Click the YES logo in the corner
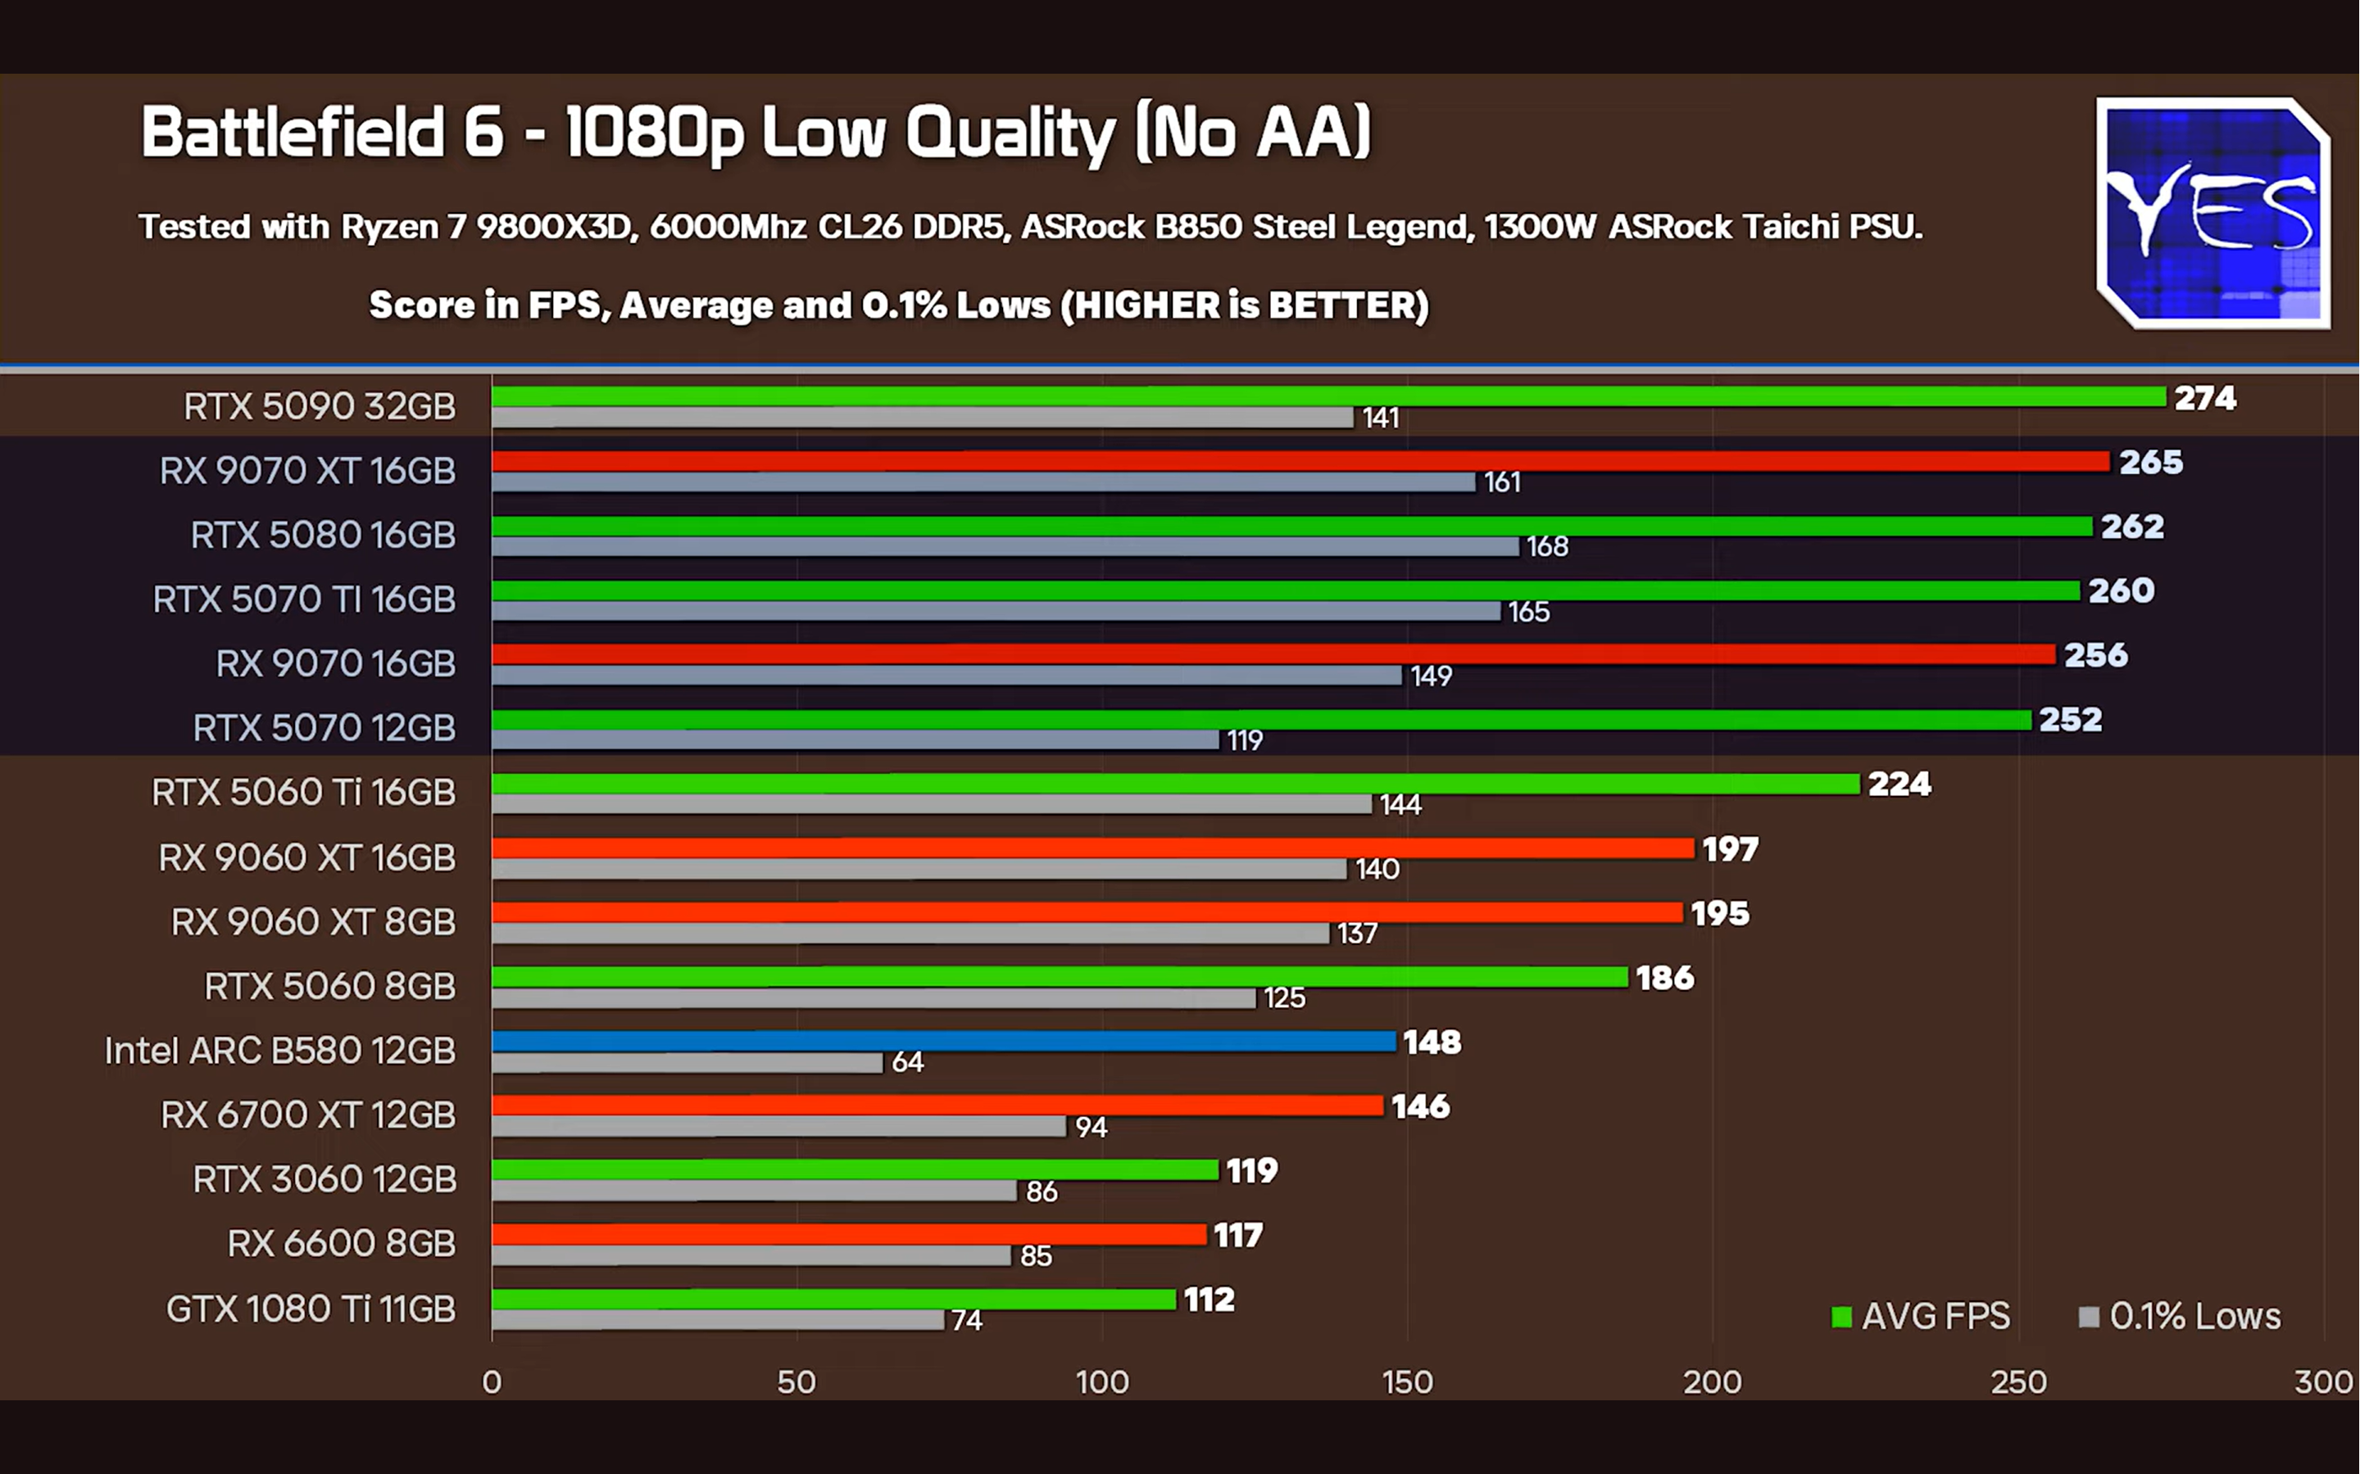click(x=2212, y=213)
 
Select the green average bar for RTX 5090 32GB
click(x=1327, y=396)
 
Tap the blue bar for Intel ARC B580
click(x=943, y=1041)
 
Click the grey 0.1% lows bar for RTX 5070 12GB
click(x=855, y=740)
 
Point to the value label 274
click(x=2204, y=398)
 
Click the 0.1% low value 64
click(x=907, y=1061)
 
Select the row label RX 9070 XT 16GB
click(x=307, y=471)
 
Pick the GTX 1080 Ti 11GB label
click(x=310, y=1309)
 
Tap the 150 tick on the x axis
click(x=1407, y=1381)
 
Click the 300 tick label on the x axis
click(x=2324, y=1381)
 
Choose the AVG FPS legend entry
click(x=1921, y=1316)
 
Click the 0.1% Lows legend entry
click(x=2181, y=1316)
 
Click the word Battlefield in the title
click(x=293, y=133)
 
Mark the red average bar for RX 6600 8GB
click(x=848, y=1234)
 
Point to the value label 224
click(x=1899, y=784)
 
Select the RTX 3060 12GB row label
click(x=324, y=1178)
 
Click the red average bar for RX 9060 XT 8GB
click(x=1087, y=912)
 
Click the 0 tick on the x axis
click(x=492, y=1381)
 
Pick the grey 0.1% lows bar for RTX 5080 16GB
click(x=1005, y=547)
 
